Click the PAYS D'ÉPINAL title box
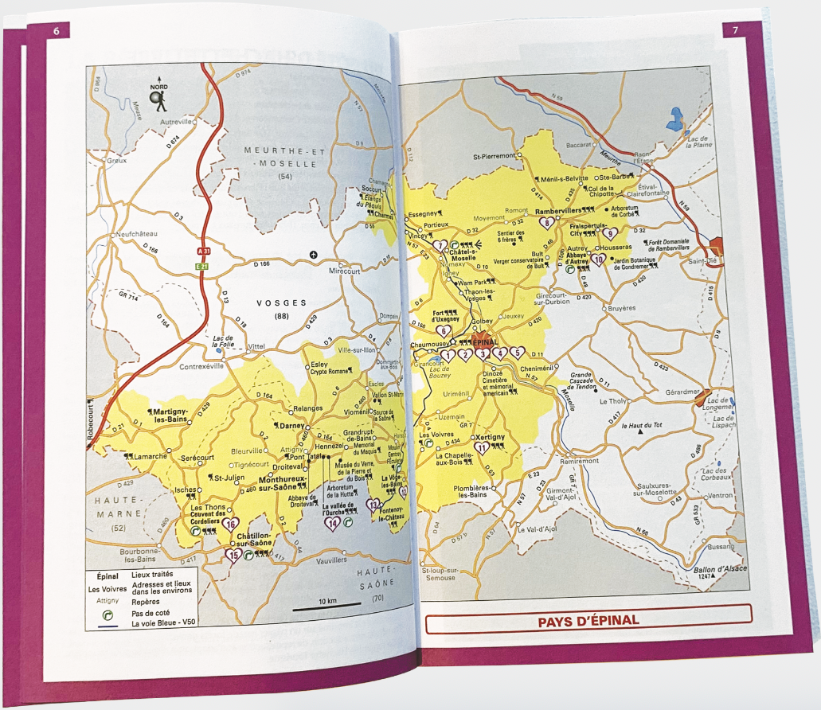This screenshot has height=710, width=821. tap(588, 619)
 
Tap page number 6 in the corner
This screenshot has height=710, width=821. tap(57, 31)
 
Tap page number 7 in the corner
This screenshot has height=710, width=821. tap(733, 31)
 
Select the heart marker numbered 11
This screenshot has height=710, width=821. tap(482, 449)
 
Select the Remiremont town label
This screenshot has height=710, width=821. tap(580, 461)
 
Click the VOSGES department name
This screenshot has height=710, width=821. tap(282, 303)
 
